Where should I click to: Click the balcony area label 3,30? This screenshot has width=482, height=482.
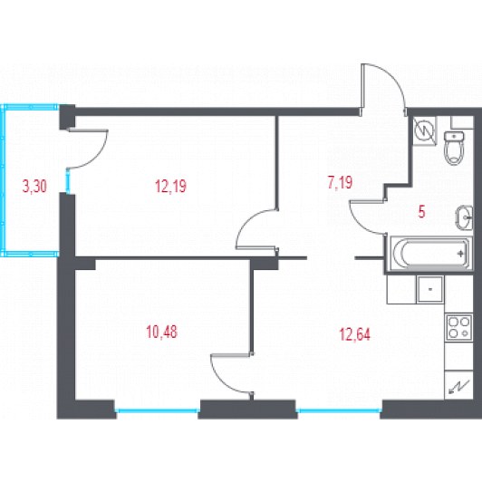[x=34, y=187]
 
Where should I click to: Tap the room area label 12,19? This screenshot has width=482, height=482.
[x=170, y=187]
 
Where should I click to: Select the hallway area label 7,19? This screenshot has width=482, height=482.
[x=340, y=183]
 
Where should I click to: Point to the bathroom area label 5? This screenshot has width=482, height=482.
[x=421, y=212]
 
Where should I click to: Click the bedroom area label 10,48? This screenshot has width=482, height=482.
[x=161, y=332]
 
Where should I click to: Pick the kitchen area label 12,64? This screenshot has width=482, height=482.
[x=355, y=334]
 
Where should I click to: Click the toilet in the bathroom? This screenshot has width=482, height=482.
[x=454, y=149]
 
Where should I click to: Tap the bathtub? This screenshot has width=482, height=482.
[x=430, y=254]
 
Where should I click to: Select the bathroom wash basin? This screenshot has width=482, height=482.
[x=464, y=217]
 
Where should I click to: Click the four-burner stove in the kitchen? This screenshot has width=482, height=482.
[x=458, y=327]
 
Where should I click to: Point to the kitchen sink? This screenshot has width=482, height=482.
[x=430, y=289]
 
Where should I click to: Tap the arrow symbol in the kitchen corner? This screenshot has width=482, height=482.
[x=459, y=387]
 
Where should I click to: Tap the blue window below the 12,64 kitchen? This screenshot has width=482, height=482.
[x=339, y=410]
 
